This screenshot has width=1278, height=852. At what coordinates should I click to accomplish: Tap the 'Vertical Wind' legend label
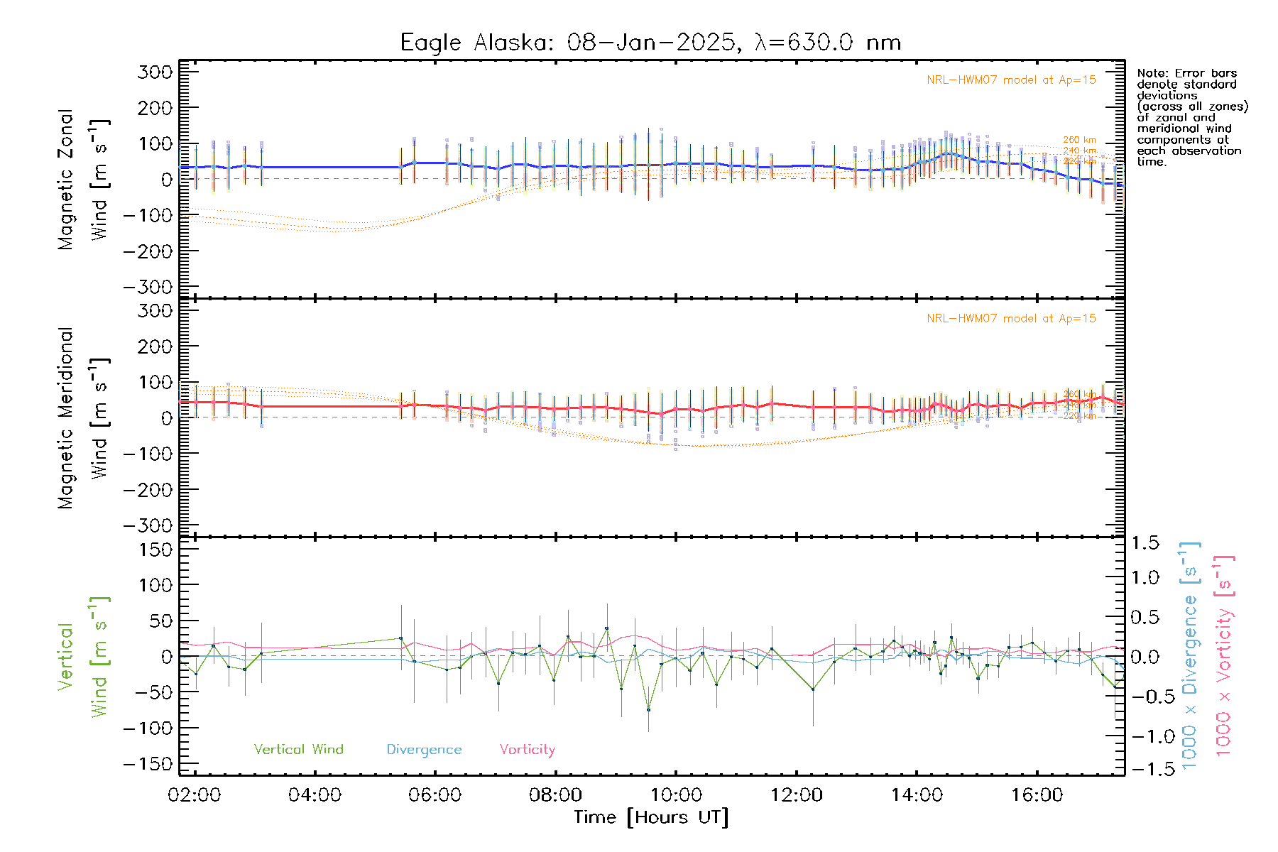[298, 750]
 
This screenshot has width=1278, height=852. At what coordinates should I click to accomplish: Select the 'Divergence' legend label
[424, 750]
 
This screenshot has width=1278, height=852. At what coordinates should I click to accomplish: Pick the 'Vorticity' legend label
[527, 750]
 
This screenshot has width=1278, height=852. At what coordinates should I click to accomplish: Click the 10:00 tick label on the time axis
[676, 795]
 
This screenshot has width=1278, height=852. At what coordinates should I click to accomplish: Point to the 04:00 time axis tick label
[315, 795]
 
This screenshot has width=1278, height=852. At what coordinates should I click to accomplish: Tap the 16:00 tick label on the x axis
[1037, 795]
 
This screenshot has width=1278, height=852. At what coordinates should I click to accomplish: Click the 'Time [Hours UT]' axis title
[651, 817]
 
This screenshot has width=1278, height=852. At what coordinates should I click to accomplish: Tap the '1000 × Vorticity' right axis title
[1224, 657]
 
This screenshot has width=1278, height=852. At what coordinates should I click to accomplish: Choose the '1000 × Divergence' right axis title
[1190, 657]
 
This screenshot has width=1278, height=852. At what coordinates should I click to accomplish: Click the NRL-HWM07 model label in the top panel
[1011, 80]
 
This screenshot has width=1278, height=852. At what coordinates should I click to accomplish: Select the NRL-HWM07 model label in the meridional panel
[1011, 319]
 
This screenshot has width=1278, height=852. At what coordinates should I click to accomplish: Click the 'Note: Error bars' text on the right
[1186, 74]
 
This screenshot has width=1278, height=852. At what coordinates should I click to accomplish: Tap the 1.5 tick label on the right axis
[1145, 543]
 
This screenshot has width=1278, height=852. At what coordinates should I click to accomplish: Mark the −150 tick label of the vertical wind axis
[148, 765]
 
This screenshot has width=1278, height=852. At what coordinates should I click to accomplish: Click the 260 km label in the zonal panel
[1079, 141]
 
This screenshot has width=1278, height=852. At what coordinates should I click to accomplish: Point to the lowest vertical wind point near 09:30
[648, 709]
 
